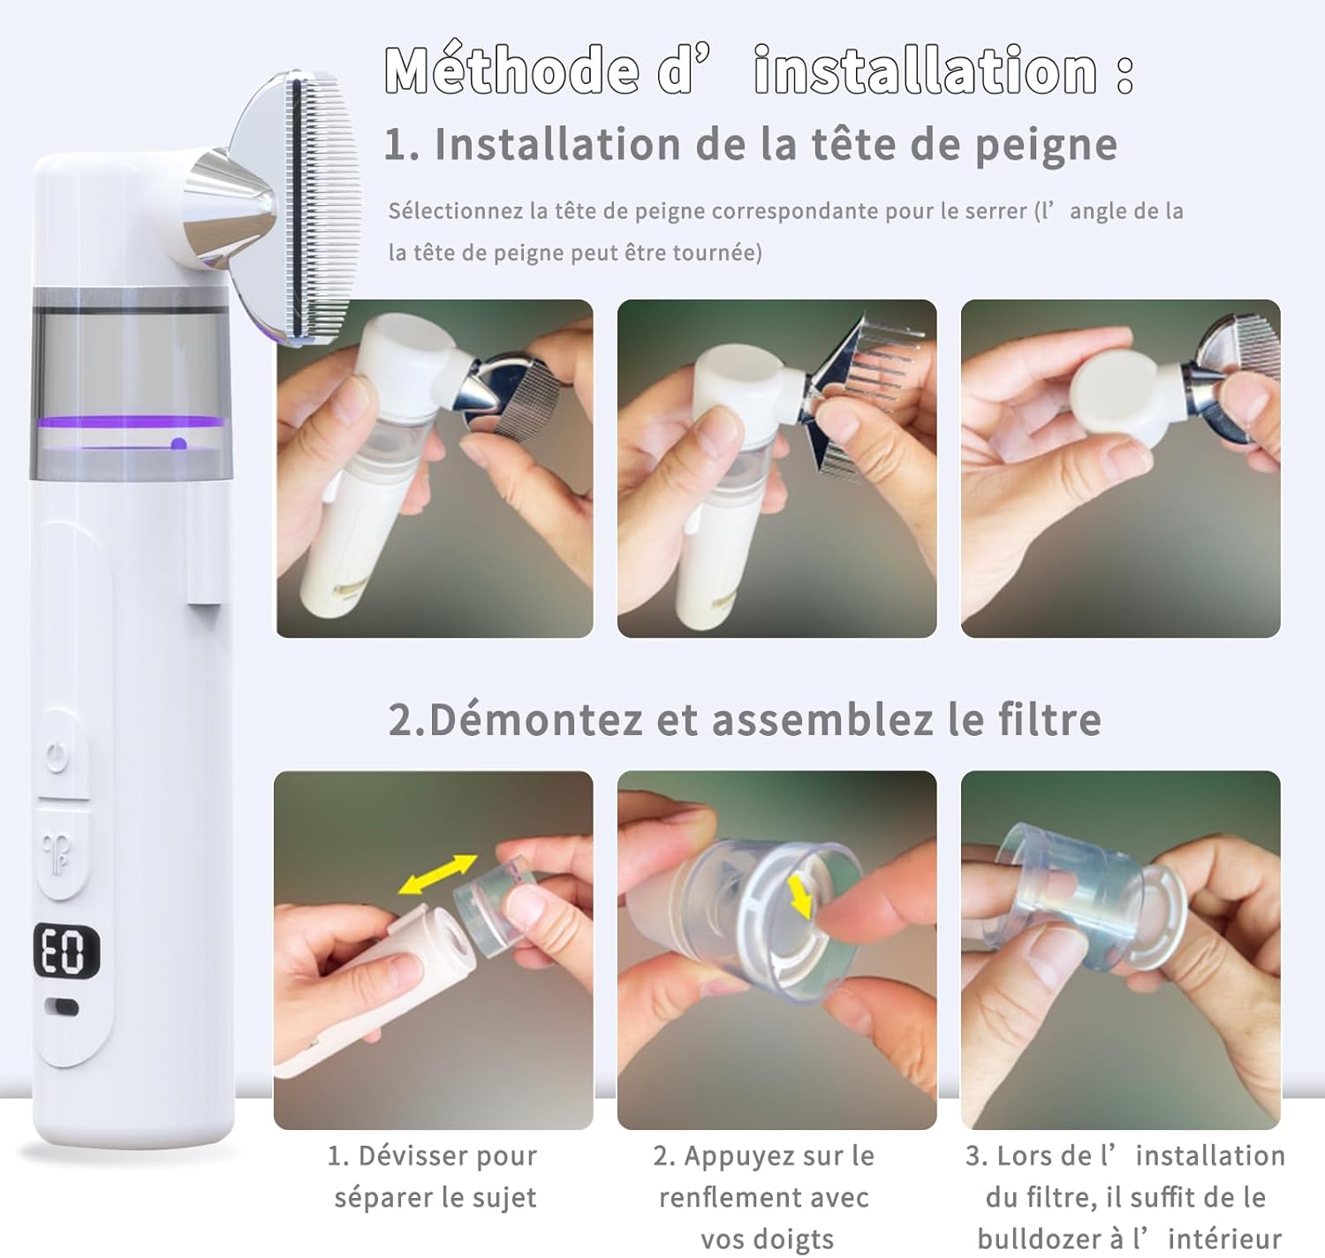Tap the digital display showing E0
coord(67,951)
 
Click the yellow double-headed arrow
coord(437,875)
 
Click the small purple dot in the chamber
coord(178,444)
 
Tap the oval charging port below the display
coord(61,1009)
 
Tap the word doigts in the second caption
coord(795,1239)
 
